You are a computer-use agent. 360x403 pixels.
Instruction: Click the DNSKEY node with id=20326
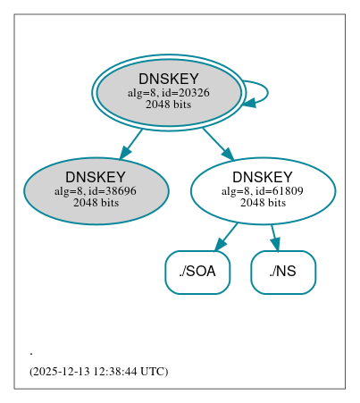click(168, 92)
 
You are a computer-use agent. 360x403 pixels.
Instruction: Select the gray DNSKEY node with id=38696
click(96, 191)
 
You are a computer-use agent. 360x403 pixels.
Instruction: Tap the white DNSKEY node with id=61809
click(263, 191)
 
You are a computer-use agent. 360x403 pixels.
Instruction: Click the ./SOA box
click(197, 272)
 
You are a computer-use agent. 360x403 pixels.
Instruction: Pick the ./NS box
click(283, 272)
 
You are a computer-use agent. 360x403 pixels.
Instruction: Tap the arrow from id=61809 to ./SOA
click(226, 237)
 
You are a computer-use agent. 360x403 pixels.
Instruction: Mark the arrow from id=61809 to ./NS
click(275, 237)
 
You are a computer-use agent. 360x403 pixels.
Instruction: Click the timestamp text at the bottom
click(98, 371)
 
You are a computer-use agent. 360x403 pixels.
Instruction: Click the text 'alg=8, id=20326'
click(168, 93)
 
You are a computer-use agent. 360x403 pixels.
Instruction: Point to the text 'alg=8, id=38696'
click(96, 191)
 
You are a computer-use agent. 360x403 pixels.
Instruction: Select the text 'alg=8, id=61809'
click(263, 191)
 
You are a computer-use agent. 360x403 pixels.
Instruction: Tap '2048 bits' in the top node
click(168, 105)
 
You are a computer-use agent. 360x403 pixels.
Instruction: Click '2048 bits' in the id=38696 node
click(96, 203)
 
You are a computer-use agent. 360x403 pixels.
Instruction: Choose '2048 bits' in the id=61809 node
click(263, 203)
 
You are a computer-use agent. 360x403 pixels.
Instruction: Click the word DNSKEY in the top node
click(168, 80)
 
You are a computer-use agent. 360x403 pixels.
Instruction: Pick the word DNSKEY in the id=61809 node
click(263, 178)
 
